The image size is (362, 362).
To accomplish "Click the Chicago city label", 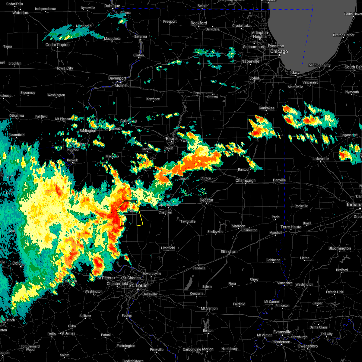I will tap(279, 52).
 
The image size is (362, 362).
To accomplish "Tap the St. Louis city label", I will tap(138, 285).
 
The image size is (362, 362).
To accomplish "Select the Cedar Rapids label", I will tap(57, 45).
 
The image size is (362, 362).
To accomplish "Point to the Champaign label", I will tap(246, 181).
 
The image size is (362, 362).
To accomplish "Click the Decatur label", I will tap(207, 200).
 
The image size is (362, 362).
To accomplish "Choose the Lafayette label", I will tap(321, 159).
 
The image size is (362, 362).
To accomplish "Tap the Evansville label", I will tap(282, 332).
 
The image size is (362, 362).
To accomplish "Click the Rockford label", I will tap(199, 23).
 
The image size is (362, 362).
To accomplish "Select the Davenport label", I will tap(117, 78).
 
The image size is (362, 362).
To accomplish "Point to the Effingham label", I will tap(229, 252).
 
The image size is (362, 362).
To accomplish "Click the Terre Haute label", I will tap(291, 227).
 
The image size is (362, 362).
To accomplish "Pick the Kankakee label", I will tap(266, 108).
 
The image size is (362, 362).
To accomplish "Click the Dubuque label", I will tap(112, 6).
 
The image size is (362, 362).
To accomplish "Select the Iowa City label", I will tap(65, 68).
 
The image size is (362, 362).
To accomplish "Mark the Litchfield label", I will tap(168, 248).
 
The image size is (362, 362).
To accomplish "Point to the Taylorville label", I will tap(188, 221).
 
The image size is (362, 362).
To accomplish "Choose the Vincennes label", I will tap(285, 283).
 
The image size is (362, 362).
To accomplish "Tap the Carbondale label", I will tap(192, 349).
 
